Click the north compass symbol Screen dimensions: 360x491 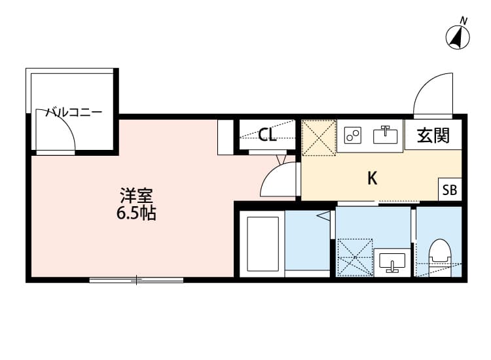tap(460, 37)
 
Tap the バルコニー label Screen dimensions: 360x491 tap(73, 112)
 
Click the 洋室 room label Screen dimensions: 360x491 tap(136, 195)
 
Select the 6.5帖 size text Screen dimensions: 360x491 tap(136, 213)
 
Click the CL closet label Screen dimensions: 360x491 tap(266, 135)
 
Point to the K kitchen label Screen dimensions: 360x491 tap(372, 178)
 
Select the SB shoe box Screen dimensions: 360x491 tap(450, 190)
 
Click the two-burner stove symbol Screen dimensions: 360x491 tap(354, 135)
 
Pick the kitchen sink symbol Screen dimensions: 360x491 tap(386, 135)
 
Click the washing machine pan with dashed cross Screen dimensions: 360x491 tap(354, 257)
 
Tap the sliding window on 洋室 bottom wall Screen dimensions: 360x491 tap(136, 280)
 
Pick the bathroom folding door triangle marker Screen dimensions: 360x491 tap(323, 215)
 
